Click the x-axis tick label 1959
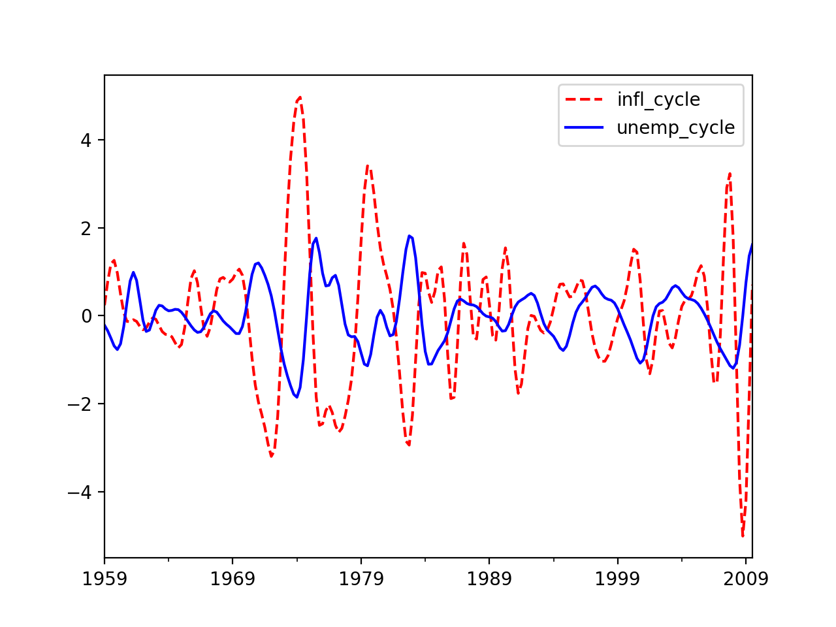[104, 579]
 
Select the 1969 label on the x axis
[233, 579]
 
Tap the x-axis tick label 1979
[361, 579]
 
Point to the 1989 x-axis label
[489, 579]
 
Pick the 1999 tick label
[617, 579]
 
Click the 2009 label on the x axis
[746, 579]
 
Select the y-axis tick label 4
[86, 140]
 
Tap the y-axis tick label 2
[86, 229]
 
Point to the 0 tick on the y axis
[86, 316]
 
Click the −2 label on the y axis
[80, 404]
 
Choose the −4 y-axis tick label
[80, 492]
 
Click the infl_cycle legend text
[658, 100]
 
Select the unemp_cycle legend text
[676, 128]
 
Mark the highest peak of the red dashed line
[300, 97]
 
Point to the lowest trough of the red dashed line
[743, 536]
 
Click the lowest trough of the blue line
[297, 397]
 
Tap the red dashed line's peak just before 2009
[730, 173]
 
